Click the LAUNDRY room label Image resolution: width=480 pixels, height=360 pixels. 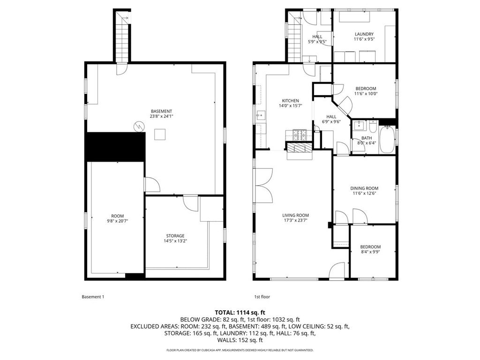tap(364, 34)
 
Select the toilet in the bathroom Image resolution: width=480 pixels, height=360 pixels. tap(373, 127)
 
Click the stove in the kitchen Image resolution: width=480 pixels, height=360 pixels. tap(299, 135)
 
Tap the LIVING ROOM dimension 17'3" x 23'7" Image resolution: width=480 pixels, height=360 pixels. tap(295, 221)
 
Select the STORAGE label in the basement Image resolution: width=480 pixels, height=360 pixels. tap(175, 236)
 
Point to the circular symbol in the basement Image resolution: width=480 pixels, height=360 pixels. tap(139, 126)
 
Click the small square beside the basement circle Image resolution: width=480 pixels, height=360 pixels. tap(160, 135)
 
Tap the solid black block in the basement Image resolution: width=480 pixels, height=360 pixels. tap(115, 147)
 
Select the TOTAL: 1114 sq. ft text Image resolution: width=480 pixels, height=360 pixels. tap(240, 312)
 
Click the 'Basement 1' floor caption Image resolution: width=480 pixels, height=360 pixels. tap(93, 297)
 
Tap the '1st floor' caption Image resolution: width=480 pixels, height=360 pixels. tap(262, 297)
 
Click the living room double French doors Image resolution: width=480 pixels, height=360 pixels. tap(263, 185)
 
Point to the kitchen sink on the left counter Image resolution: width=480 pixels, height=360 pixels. tap(258, 115)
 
